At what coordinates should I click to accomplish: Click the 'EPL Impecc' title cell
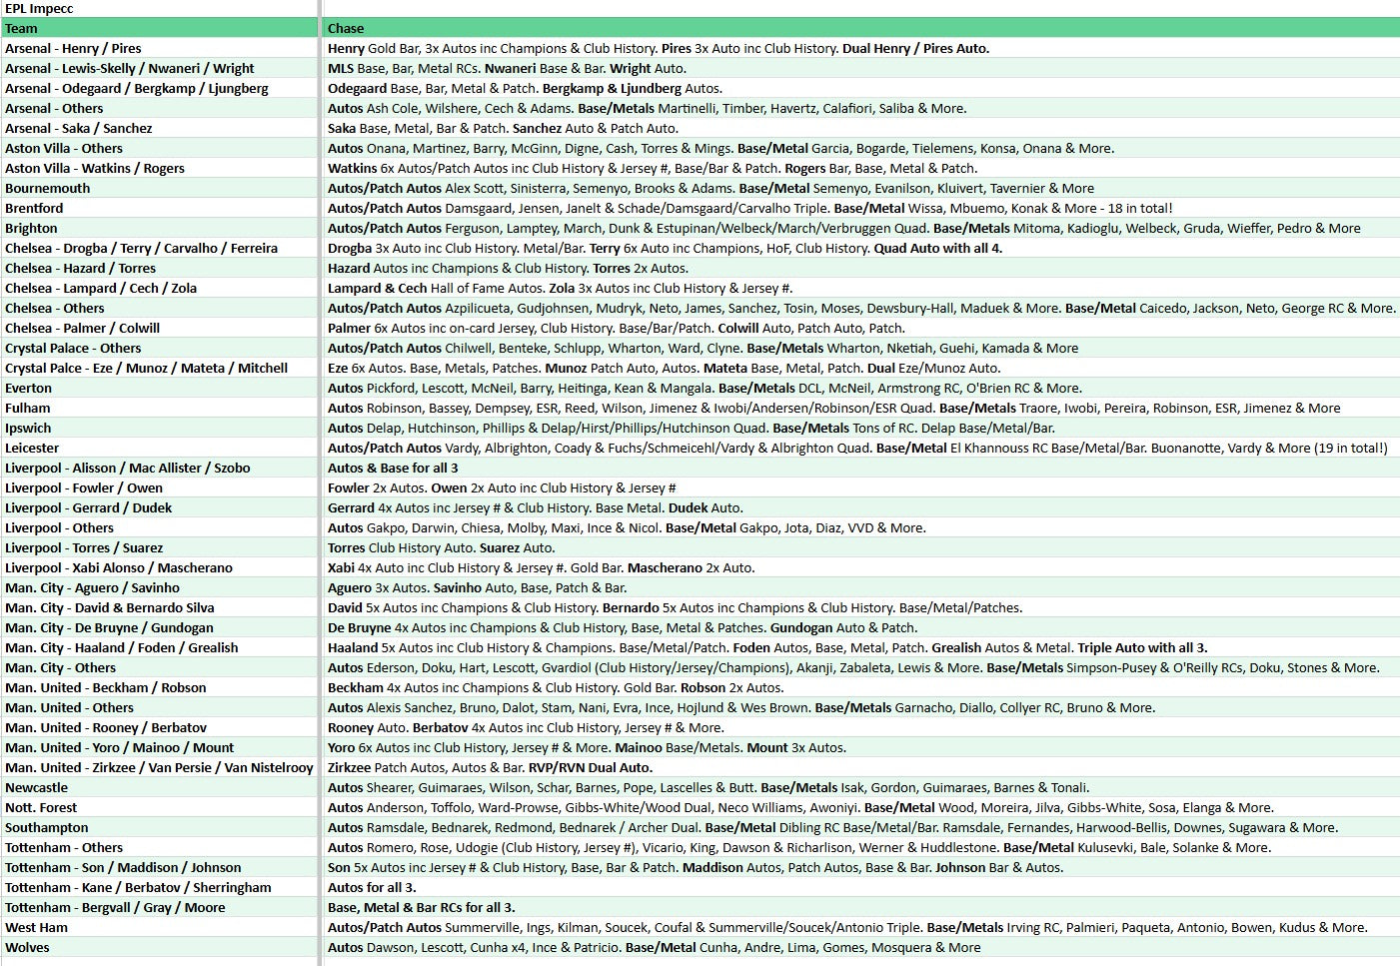39,9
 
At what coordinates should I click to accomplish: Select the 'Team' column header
21,29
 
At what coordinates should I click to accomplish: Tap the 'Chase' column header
346,29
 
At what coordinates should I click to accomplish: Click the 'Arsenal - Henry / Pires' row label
73,49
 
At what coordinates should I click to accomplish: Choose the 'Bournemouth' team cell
47,189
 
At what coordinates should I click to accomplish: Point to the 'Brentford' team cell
34,209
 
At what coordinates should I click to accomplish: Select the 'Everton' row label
28,389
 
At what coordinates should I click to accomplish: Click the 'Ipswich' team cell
28,429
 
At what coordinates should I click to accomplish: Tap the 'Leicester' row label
32,449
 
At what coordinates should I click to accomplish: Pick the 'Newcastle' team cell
36,788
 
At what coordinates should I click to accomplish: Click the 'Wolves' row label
27,948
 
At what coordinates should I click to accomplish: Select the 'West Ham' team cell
36,928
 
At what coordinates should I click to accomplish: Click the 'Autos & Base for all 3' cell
393,469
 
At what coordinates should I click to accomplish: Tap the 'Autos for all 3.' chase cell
372,888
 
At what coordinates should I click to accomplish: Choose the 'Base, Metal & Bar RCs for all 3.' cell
421,908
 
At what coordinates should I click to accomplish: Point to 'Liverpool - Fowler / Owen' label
84,488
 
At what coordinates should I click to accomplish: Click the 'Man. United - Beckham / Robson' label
105,688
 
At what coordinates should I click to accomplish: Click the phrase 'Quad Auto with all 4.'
937,249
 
